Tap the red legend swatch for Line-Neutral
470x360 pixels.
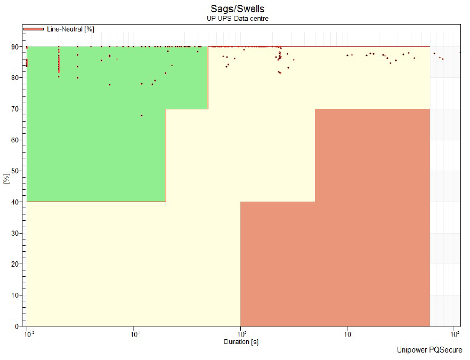click(34, 29)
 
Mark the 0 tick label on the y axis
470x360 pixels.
click(17, 326)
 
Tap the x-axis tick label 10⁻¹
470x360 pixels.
click(135, 334)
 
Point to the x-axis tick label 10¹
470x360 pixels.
click(348, 334)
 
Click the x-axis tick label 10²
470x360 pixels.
click(455, 334)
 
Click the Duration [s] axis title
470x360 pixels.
click(241, 342)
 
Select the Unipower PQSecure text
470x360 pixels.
click(430, 350)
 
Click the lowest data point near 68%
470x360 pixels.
click(142, 115)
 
